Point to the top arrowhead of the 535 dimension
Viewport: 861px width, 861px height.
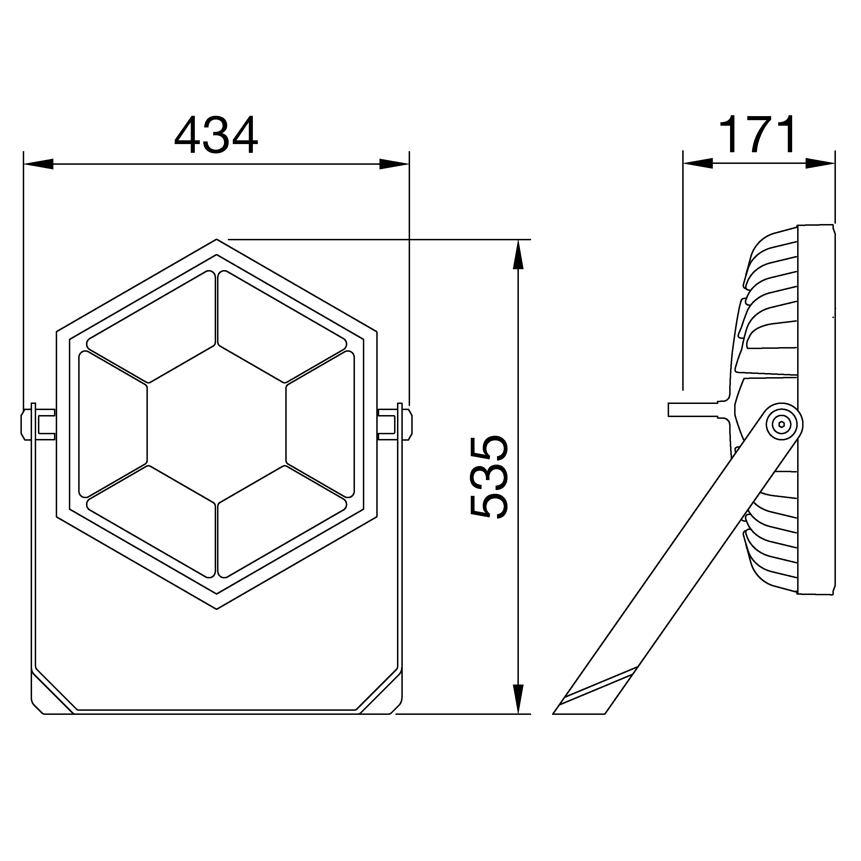point(517,255)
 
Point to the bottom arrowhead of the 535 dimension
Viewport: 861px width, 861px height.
point(517,699)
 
